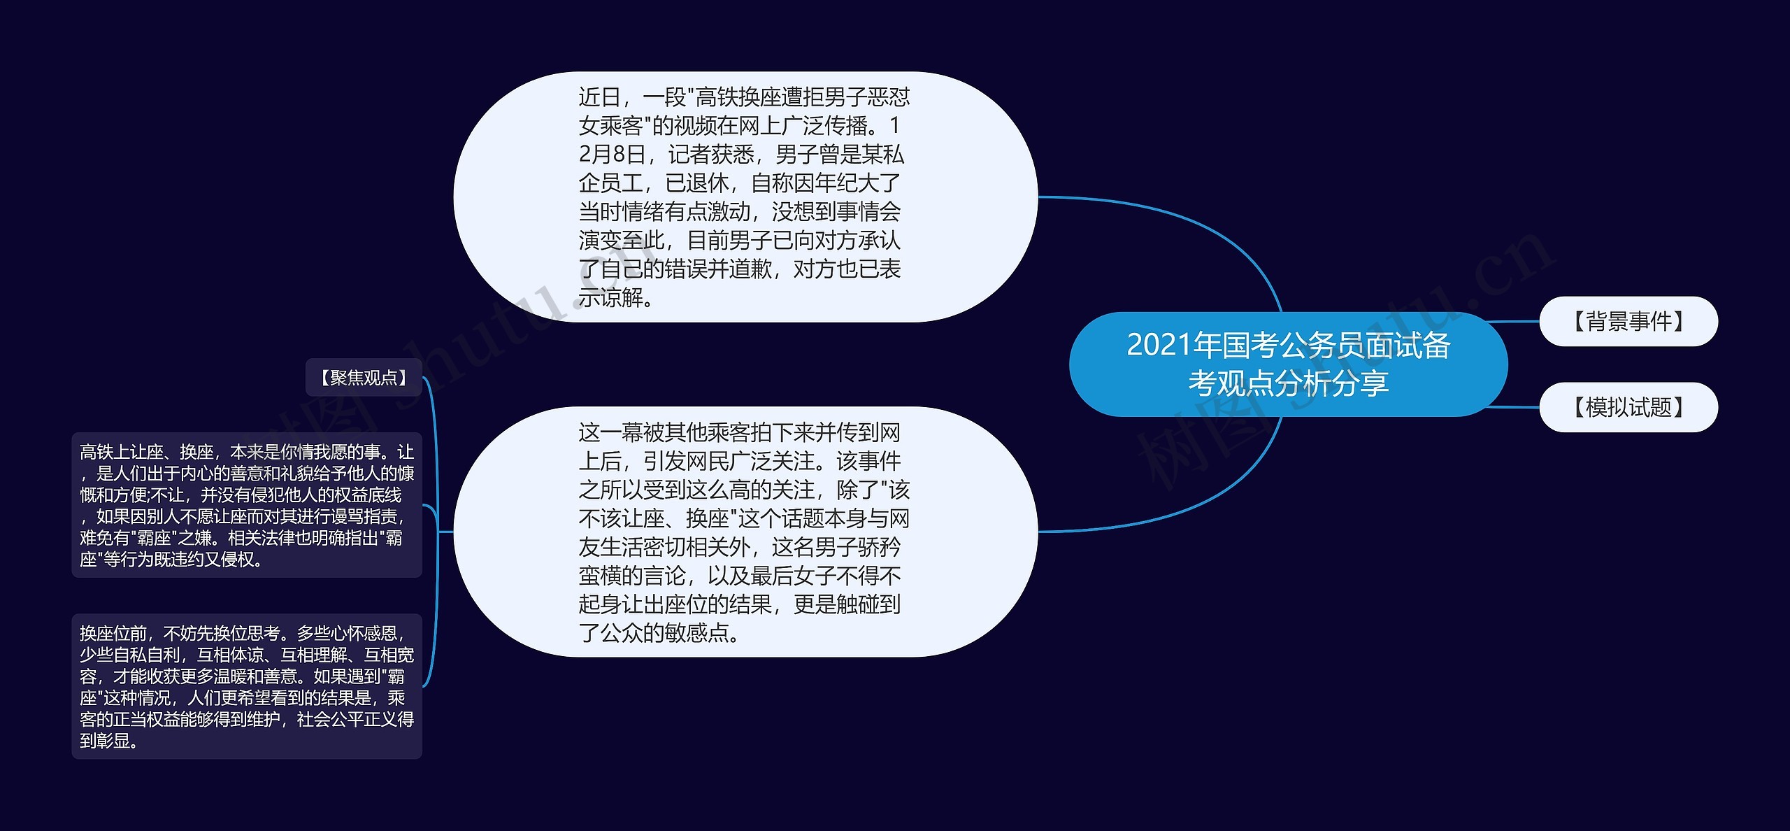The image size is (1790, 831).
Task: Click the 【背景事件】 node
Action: click(1628, 321)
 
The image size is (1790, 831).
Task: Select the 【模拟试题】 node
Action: click(1628, 407)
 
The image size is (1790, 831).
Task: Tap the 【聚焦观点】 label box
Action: click(364, 378)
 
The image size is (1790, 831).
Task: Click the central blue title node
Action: click(1288, 364)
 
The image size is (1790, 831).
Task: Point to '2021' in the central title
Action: click(1159, 346)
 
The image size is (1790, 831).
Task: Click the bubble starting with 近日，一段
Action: click(745, 197)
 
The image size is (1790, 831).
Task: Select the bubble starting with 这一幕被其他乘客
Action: click(745, 532)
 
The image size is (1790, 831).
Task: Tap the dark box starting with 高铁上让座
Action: click(247, 505)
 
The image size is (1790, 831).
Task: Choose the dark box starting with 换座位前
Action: click(247, 686)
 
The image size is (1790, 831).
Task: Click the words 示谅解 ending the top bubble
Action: click(610, 298)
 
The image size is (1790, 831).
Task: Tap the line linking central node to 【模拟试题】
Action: click(1514, 406)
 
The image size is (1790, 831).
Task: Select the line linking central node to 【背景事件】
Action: click(1514, 322)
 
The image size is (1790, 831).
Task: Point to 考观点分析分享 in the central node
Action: click(1289, 383)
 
